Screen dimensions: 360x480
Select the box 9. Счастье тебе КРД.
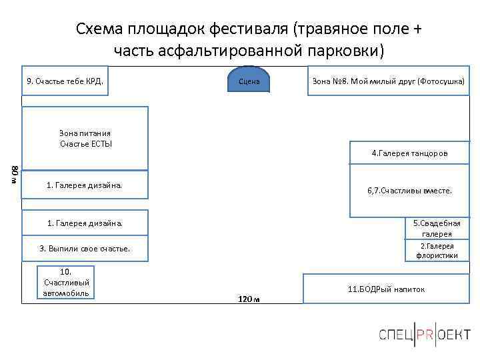(65, 81)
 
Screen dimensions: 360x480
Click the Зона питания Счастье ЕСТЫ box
(85, 138)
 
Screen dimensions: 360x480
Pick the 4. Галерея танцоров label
(409, 153)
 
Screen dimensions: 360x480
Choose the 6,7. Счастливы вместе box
(409, 190)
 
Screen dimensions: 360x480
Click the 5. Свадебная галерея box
(437, 229)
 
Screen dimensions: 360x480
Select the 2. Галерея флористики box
(437, 251)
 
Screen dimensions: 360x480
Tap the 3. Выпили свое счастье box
(85, 249)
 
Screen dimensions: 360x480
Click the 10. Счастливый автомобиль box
(66, 283)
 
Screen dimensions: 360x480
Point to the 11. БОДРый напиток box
(386, 289)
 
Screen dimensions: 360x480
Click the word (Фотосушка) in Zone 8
(441, 81)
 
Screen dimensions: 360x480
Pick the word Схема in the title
(97, 29)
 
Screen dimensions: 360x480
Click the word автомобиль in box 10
(66, 293)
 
